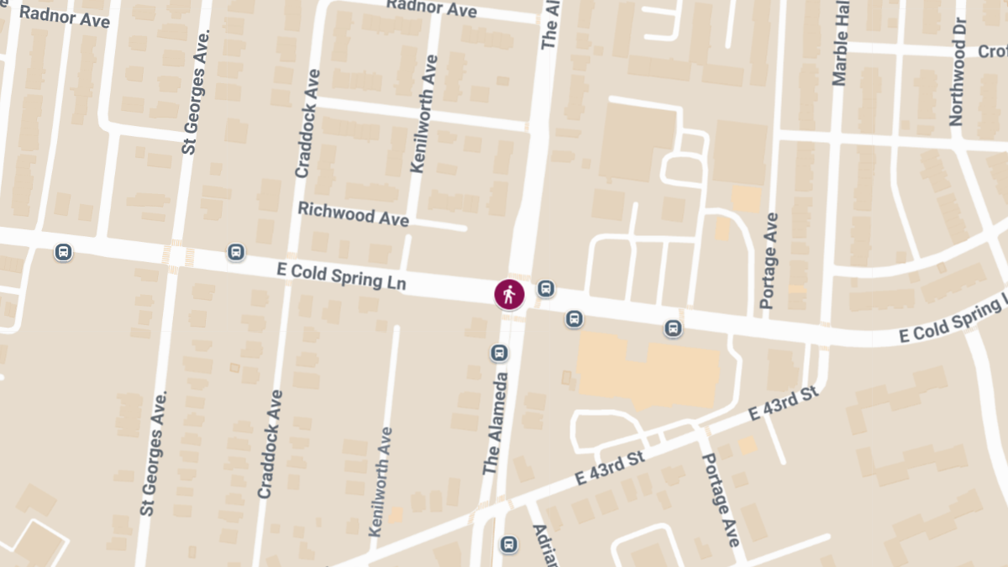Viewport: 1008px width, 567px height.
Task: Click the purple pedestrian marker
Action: click(509, 294)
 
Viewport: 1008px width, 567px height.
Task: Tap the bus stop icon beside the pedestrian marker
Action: click(546, 289)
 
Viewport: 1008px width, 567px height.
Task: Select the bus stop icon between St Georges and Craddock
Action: click(236, 252)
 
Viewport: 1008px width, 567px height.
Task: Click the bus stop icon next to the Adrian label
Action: click(508, 544)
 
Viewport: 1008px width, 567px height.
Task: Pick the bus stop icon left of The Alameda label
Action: click(499, 353)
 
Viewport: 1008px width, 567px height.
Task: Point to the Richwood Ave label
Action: click(353, 213)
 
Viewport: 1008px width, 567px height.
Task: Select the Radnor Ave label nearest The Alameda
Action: click(432, 8)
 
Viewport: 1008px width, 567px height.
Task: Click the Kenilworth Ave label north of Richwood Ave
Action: click(424, 113)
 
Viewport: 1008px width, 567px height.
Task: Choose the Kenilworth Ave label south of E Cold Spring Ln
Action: click(380, 482)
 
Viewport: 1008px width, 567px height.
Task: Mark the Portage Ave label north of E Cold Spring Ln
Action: click(769, 260)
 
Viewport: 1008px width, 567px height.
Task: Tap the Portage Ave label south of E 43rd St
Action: click(721, 500)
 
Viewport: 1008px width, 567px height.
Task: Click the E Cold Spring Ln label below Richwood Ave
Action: click(341, 276)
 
